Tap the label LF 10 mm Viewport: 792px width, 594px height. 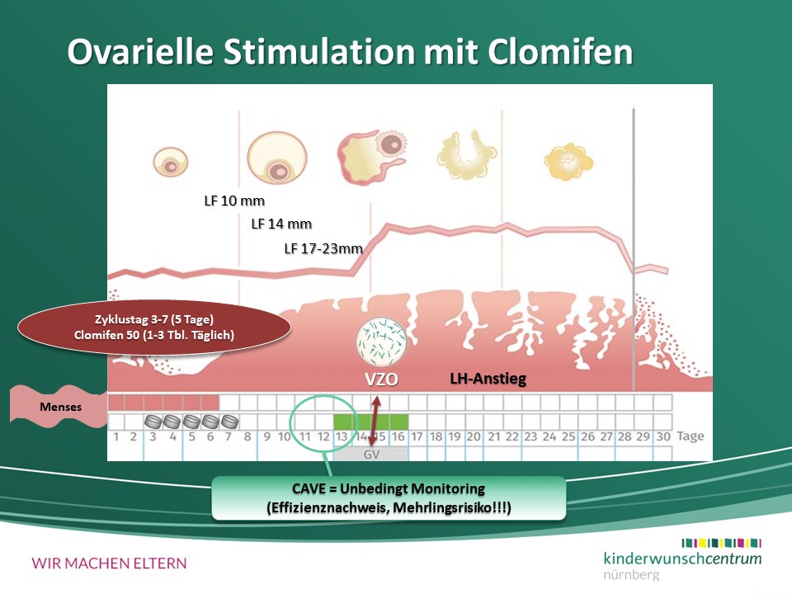coord(234,201)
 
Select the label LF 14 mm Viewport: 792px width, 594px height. coord(281,224)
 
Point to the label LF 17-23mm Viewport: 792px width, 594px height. coord(323,248)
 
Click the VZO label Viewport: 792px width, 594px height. coord(381,379)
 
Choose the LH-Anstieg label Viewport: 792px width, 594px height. coord(488,379)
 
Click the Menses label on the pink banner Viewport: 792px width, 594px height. coord(60,407)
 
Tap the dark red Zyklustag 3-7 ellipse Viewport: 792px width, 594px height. coord(154,328)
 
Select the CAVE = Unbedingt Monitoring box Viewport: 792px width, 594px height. coord(389,498)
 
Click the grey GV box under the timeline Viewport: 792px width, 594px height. coord(371,454)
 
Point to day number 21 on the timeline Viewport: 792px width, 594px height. coord(493,436)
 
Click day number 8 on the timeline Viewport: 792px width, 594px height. coord(247,436)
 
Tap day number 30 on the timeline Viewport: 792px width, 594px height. coord(663,436)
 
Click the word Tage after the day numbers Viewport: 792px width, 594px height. coord(690,436)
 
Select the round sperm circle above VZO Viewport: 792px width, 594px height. coord(381,342)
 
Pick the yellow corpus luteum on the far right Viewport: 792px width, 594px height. coord(568,162)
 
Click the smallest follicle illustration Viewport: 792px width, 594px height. coord(171,163)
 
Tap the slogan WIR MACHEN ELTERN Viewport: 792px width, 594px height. coord(109,563)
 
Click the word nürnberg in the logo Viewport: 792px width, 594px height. coord(631,575)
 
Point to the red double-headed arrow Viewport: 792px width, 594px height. coord(374,422)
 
